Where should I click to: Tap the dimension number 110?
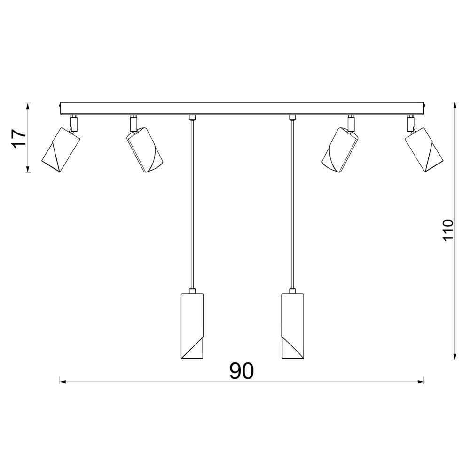448,230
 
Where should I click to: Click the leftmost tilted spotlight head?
61,150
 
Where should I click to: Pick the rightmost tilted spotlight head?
423,150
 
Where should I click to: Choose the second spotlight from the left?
145,150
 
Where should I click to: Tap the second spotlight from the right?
340,150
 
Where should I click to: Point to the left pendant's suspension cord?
192,204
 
